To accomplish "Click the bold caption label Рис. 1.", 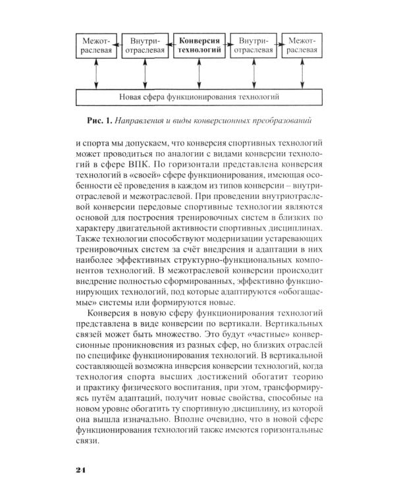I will pyautogui.click(x=99, y=122).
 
